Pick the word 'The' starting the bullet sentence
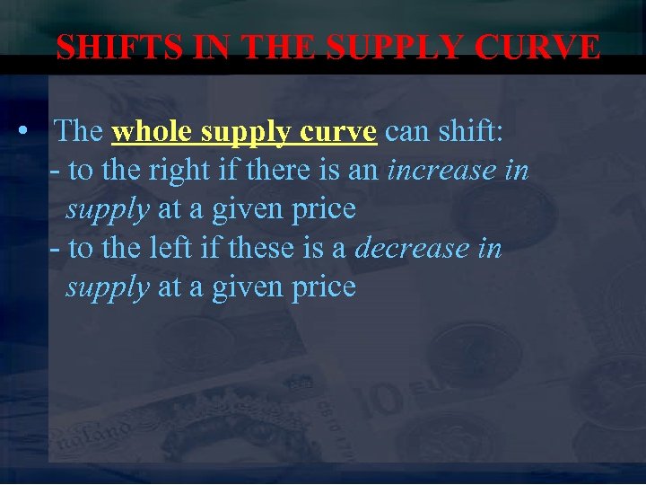pyautogui.click(x=79, y=131)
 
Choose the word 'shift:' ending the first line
pyautogui.click(x=470, y=131)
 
